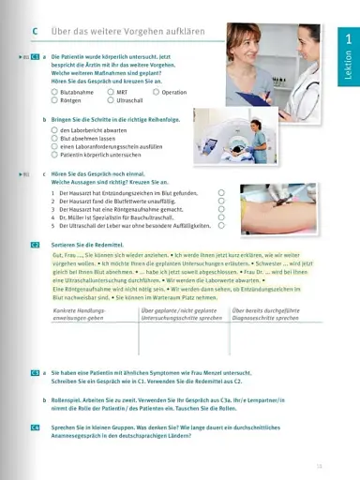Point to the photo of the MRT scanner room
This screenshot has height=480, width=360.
click(229, 135)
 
